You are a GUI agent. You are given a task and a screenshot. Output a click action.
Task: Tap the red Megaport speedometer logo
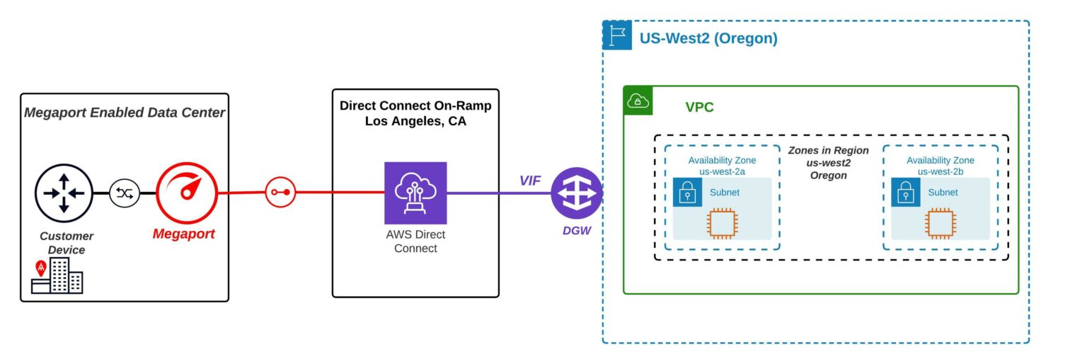[x=186, y=192]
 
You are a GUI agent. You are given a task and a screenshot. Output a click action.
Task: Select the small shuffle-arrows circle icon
[x=125, y=193]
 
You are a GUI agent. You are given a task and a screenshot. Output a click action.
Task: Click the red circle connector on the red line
[x=280, y=192]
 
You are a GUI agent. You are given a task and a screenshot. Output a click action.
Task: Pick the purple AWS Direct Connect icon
[x=415, y=193]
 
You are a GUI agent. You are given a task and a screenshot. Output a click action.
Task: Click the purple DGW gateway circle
[x=577, y=193]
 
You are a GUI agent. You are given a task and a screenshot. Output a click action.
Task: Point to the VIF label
[x=530, y=181]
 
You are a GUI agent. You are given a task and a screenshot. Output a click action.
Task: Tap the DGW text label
[x=577, y=230]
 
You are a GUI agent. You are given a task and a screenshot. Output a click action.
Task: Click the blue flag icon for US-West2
[x=617, y=35]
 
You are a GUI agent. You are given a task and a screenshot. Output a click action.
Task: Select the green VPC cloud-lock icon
[x=638, y=101]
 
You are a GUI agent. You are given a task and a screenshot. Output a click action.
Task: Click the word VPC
[x=699, y=108]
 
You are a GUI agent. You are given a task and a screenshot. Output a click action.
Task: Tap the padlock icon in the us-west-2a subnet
[x=687, y=193]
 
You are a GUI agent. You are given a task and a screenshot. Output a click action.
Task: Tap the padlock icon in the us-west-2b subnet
[x=905, y=193]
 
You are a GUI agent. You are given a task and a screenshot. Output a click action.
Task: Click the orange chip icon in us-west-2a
[x=722, y=222]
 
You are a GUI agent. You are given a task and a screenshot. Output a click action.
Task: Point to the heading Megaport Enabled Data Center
[x=125, y=112]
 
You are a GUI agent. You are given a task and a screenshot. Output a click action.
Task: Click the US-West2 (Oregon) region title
[x=708, y=39]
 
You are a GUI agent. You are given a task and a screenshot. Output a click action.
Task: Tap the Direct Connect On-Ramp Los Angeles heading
[x=415, y=113]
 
